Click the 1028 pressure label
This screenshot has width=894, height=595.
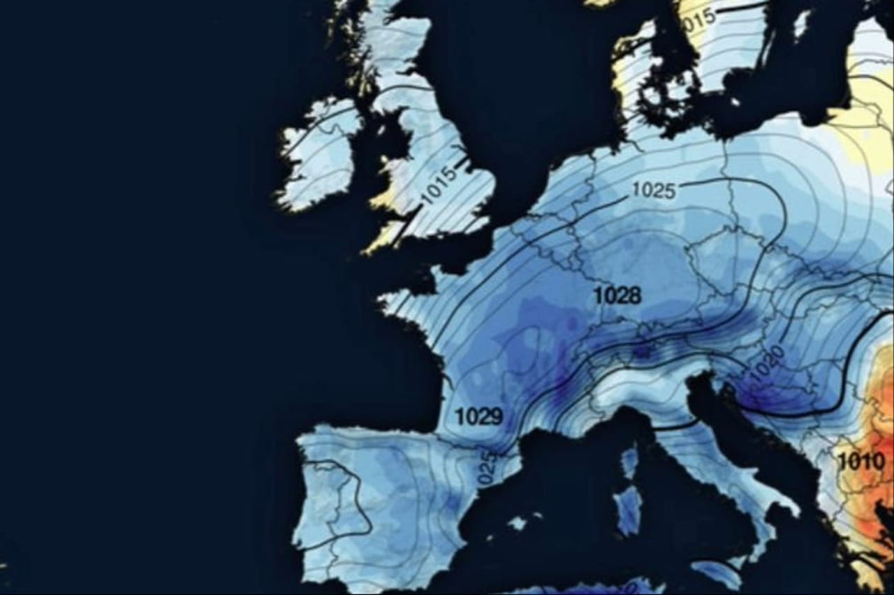pyautogui.click(x=617, y=295)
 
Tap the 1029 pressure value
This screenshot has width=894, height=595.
pyautogui.click(x=478, y=417)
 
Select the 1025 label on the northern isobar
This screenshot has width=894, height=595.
pyautogui.click(x=654, y=190)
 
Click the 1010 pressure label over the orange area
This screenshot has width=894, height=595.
pyautogui.click(x=860, y=461)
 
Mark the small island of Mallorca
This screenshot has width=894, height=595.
pyautogui.click(x=518, y=523)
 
